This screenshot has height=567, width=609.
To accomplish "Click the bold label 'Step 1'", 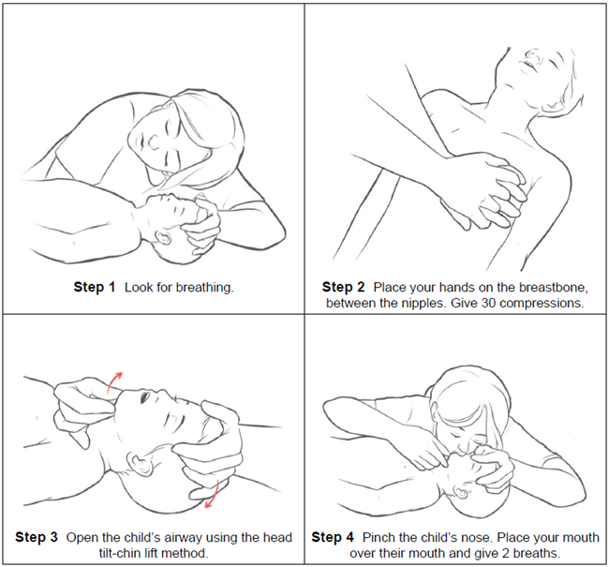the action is pyautogui.click(x=95, y=287).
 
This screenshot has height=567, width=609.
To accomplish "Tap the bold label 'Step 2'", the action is pyautogui.click(x=343, y=287).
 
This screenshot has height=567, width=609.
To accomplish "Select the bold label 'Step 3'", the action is pyautogui.click(x=37, y=537).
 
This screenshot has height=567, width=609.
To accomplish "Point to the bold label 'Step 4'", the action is pyautogui.click(x=333, y=537).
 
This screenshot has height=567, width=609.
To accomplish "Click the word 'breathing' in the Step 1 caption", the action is pyautogui.click(x=204, y=288).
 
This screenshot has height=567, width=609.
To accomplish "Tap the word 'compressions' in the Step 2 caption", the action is pyautogui.click(x=542, y=303).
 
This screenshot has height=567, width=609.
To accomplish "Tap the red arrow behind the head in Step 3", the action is pyautogui.click(x=214, y=495).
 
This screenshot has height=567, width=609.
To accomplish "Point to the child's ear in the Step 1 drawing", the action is pyautogui.click(x=164, y=237).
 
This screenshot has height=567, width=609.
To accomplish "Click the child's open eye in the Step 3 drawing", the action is pyautogui.click(x=145, y=396).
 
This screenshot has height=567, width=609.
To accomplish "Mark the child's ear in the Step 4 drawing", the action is pyautogui.click(x=461, y=493).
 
